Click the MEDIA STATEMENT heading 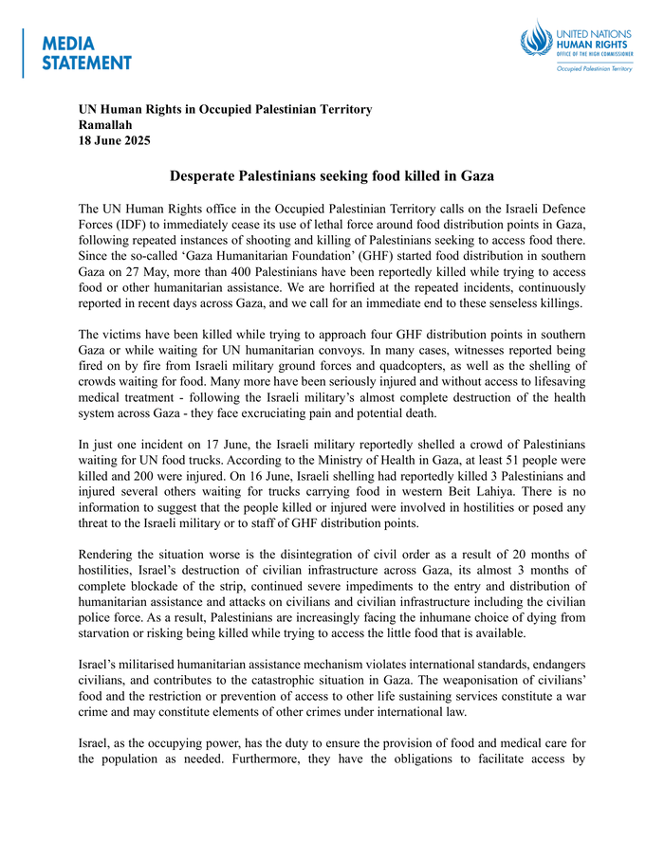pyautogui.click(x=86, y=53)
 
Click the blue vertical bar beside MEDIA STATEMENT pyautogui.click(x=24, y=53)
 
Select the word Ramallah pyautogui.click(x=105, y=124)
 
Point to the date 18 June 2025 pyautogui.click(x=114, y=139)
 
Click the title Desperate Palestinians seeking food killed pyautogui.click(x=332, y=176)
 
